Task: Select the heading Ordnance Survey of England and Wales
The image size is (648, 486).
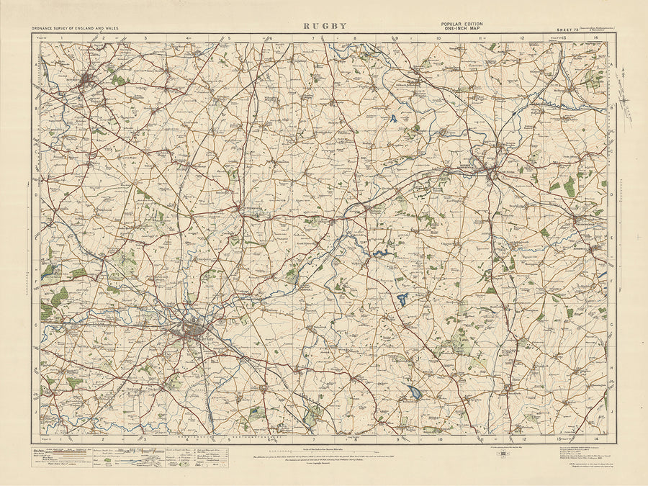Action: click(76, 27)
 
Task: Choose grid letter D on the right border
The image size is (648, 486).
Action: click(611, 194)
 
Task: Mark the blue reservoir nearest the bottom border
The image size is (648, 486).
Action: click(415, 392)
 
